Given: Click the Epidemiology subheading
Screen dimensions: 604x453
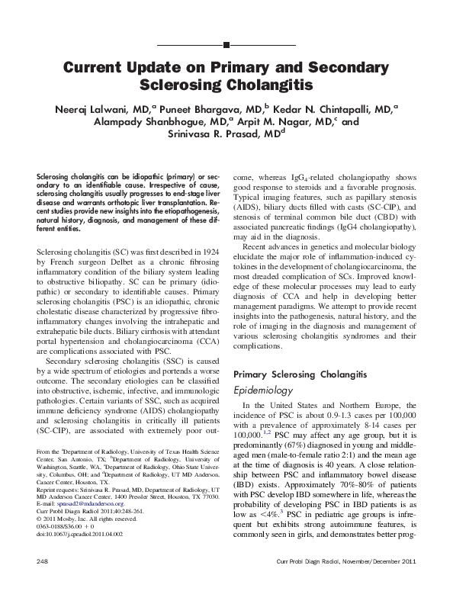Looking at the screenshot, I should [x=268, y=390].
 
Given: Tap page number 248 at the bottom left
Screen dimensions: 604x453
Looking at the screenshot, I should [x=43, y=583].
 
